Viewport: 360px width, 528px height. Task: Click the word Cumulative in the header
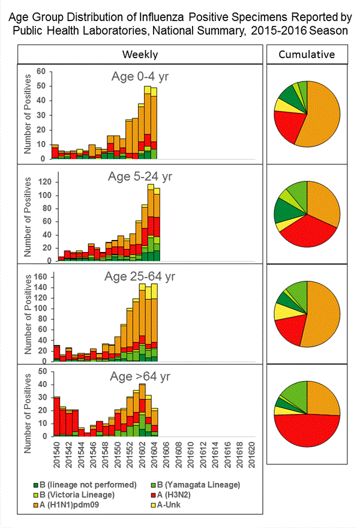(307, 55)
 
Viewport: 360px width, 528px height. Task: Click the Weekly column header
(140, 55)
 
